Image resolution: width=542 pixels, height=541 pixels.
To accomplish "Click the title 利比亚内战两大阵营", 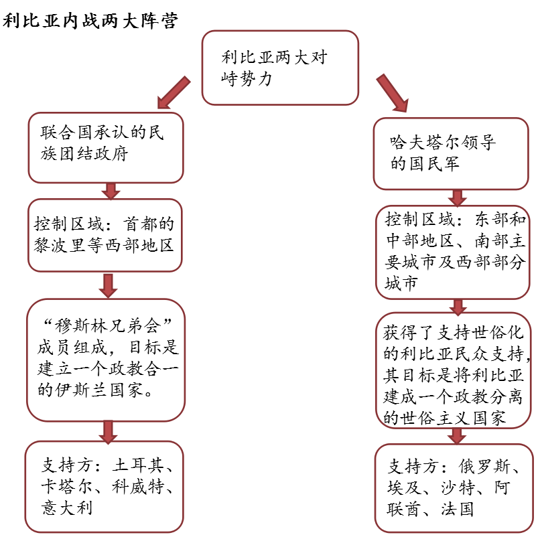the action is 90,20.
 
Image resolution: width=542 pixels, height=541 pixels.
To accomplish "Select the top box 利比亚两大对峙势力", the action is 280,68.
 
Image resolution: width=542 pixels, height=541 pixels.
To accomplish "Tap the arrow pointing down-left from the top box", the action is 174,92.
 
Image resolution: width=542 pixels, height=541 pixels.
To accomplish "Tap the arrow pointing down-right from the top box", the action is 393,93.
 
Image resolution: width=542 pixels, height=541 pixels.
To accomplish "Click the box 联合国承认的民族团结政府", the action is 106,147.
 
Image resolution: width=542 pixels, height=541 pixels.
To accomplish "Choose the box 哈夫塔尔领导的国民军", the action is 451,153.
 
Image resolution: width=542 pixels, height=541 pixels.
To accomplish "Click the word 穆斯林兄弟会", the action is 107,326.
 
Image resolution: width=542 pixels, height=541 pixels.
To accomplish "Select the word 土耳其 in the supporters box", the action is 137,465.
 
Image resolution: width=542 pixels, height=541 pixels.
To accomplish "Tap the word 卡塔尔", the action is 67,486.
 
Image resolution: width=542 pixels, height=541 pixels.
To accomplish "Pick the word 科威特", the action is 138,486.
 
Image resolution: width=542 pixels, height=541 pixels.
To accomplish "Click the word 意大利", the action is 67,508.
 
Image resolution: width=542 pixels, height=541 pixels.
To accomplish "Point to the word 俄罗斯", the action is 484,467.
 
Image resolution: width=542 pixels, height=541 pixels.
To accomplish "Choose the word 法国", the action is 458,510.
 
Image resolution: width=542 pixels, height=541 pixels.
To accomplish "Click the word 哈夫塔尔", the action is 425,142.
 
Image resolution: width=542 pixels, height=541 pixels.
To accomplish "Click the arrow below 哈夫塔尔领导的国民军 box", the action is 458,198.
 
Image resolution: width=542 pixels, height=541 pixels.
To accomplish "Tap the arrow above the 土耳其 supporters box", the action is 108,432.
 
